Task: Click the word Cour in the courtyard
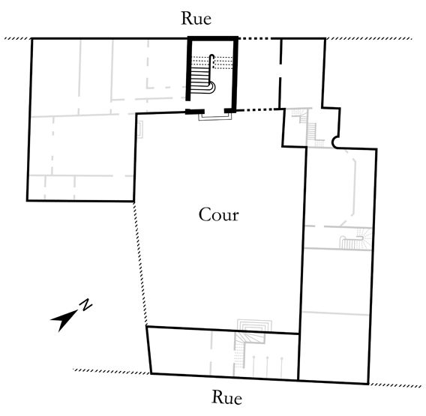click(219, 215)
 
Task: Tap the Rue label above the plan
click(196, 19)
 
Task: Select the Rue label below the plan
click(226, 397)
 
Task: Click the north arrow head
click(63, 320)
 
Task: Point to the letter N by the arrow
click(85, 304)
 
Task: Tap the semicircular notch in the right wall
click(336, 142)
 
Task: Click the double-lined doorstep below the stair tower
click(215, 117)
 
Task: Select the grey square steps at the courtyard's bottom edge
click(254, 326)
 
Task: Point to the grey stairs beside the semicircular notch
click(308, 127)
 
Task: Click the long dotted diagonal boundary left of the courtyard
click(140, 263)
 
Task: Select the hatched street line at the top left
click(18, 38)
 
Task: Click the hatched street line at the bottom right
click(395, 385)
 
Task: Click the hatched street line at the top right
click(369, 38)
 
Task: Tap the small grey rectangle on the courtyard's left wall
click(140, 130)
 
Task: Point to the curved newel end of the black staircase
click(212, 88)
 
